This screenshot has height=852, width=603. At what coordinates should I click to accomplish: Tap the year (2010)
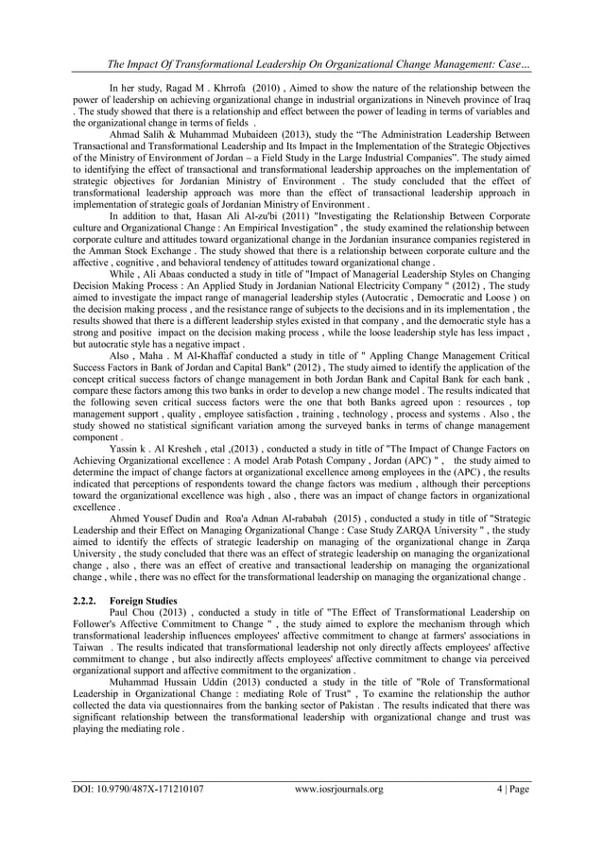tap(262, 86)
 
